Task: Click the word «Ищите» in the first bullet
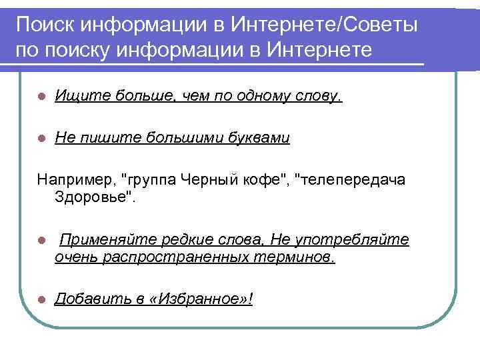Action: pos(75,97)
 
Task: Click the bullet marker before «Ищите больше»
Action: pos(41,98)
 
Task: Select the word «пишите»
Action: pos(99,138)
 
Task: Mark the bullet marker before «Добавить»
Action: pos(41,299)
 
